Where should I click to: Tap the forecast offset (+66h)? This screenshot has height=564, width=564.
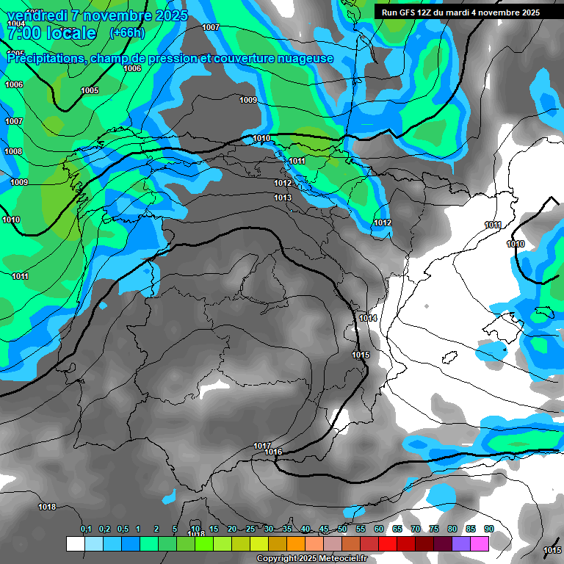click(126, 33)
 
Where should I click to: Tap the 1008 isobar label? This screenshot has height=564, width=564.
click(13, 151)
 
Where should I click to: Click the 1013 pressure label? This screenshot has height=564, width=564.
click(283, 198)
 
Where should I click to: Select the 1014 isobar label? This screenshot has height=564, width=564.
click(368, 318)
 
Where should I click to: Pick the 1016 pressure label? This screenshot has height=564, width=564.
click(274, 452)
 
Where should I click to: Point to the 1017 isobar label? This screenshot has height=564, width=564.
click(262, 446)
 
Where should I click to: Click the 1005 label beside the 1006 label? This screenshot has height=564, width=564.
click(90, 90)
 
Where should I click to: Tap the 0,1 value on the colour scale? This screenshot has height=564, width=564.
click(86, 529)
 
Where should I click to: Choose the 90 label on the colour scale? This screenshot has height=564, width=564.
click(488, 529)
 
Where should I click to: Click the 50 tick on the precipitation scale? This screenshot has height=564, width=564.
click(342, 529)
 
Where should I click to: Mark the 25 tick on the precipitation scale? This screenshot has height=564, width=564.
click(250, 529)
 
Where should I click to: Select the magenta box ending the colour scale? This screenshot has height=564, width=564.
click(480, 543)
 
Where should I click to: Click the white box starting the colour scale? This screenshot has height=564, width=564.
click(75, 543)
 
